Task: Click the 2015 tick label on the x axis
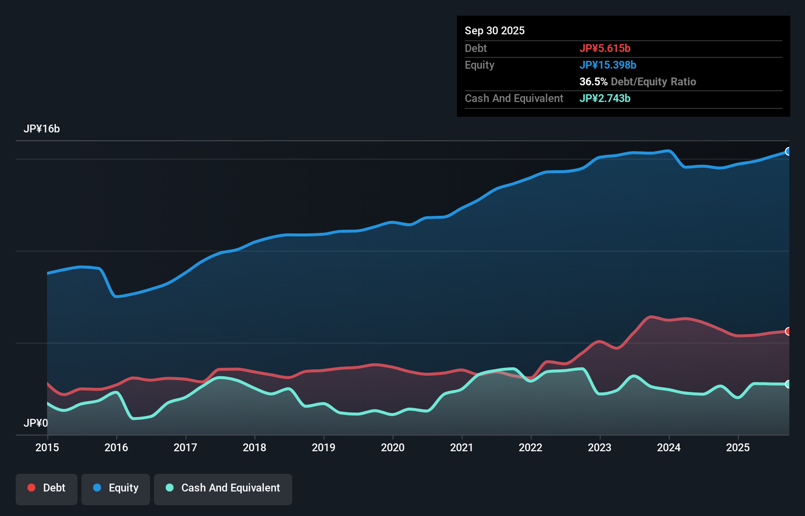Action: tap(47, 447)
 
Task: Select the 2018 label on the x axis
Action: tap(254, 447)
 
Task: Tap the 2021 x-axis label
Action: tap(462, 447)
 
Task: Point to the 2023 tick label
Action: tap(600, 447)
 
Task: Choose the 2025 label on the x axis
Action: tap(738, 447)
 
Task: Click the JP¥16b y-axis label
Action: tap(42, 129)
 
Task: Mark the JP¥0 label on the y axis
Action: tap(36, 423)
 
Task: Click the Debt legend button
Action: tap(47, 488)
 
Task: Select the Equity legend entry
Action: tap(116, 488)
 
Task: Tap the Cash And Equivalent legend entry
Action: tap(223, 488)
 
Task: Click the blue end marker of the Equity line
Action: tap(788, 152)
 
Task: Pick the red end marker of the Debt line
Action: tap(788, 332)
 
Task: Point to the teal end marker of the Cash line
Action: tap(788, 384)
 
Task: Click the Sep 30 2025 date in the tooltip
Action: tap(495, 31)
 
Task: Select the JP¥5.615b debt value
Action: tap(605, 49)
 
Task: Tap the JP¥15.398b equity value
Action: tap(608, 65)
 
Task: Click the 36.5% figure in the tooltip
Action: tap(593, 82)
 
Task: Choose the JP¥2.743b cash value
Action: tap(605, 99)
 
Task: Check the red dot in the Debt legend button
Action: tap(31, 488)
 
